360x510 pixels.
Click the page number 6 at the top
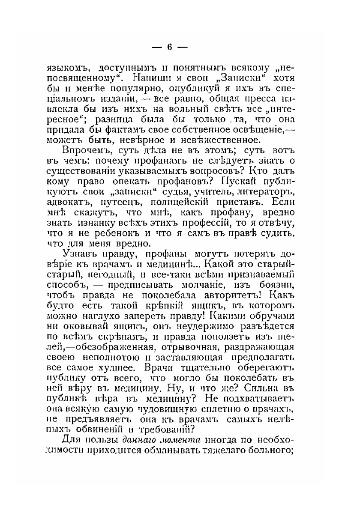point(169,47)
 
